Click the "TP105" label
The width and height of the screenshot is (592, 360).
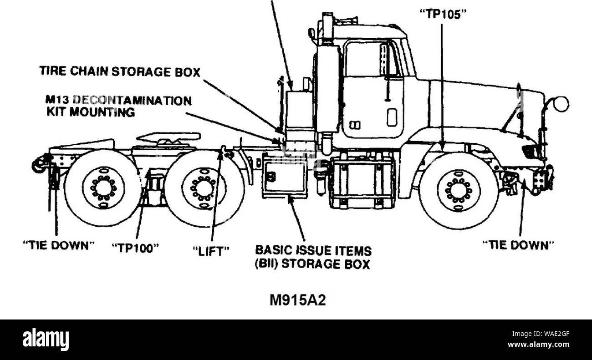pos(442,15)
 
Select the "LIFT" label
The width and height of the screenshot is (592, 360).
pos(210,250)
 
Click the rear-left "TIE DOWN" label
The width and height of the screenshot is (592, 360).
pos(58,245)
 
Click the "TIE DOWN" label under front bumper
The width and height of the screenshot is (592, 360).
pos(518,245)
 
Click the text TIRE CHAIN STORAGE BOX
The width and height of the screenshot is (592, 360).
pos(120,71)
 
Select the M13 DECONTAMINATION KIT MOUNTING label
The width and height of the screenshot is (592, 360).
pos(115,106)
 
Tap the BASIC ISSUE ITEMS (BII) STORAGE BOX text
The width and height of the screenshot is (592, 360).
pos(312,257)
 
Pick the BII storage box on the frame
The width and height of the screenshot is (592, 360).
pos(285,175)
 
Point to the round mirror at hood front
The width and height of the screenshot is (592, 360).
pos(561,103)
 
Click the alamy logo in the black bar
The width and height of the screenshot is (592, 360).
pos(46,340)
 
